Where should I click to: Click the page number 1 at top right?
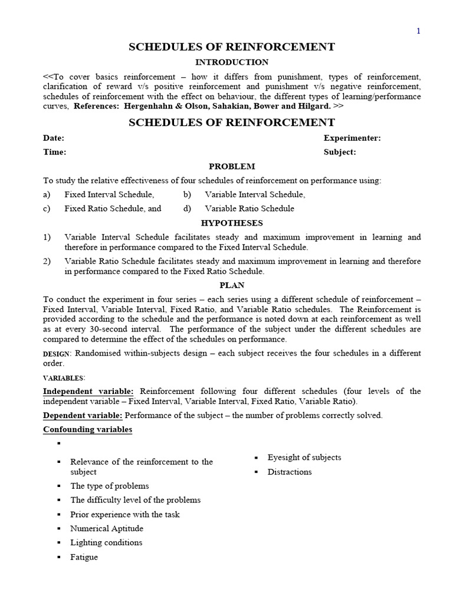point(419,31)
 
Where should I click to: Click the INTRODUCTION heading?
point(232,62)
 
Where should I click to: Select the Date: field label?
point(54,138)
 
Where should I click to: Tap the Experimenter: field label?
point(352,138)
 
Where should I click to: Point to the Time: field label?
point(54,152)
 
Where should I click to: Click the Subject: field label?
point(340,152)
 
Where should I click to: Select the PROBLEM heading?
point(232,167)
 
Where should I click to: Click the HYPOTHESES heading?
point(232,223)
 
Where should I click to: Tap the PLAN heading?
point(232,285)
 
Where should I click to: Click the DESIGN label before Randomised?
point(57,354)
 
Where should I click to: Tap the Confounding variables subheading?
point(87,429)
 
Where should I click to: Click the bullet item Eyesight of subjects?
point(304,458)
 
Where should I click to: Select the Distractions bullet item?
point(289,472)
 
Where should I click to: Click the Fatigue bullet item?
point(84,557)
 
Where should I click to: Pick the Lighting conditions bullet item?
point(106,542)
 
